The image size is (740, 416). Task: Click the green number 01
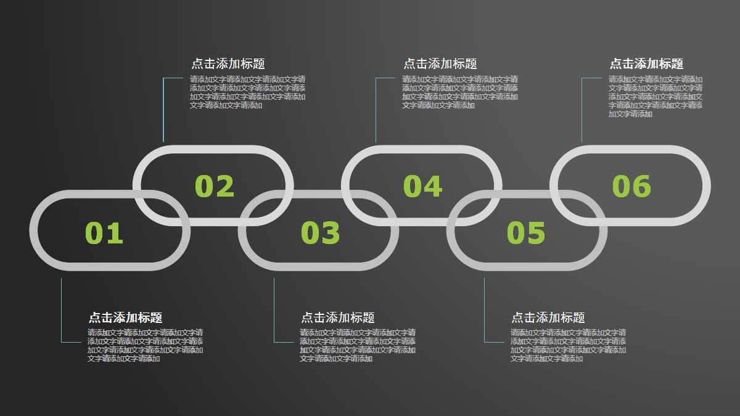(x=104, y=233)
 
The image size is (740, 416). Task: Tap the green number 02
(x=215, y=187)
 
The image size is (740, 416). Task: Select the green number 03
(x=320, y=233)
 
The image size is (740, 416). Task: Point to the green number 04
(x=423, y=187)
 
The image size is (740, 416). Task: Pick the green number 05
(x=526, y=233)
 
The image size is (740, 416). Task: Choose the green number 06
(x=631, y=187)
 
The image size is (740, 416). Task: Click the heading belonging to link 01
(x=125, y=317)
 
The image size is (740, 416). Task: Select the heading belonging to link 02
(x=228, y=63)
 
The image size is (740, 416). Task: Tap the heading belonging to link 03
(x=338, y=317)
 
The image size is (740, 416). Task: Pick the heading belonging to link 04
(x=440, y=63)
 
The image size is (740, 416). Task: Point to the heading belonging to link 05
(x=548, y=317)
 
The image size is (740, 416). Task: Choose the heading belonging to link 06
(x=646, y=63)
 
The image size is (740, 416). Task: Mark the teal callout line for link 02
(x=163, y=111)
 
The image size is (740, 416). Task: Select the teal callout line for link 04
(x=376, y=111)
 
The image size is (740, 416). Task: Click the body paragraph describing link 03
(x=358, y=345)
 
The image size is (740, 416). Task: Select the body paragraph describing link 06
(x=655, y=96)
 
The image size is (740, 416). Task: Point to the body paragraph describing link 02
(x=247, y=92)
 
